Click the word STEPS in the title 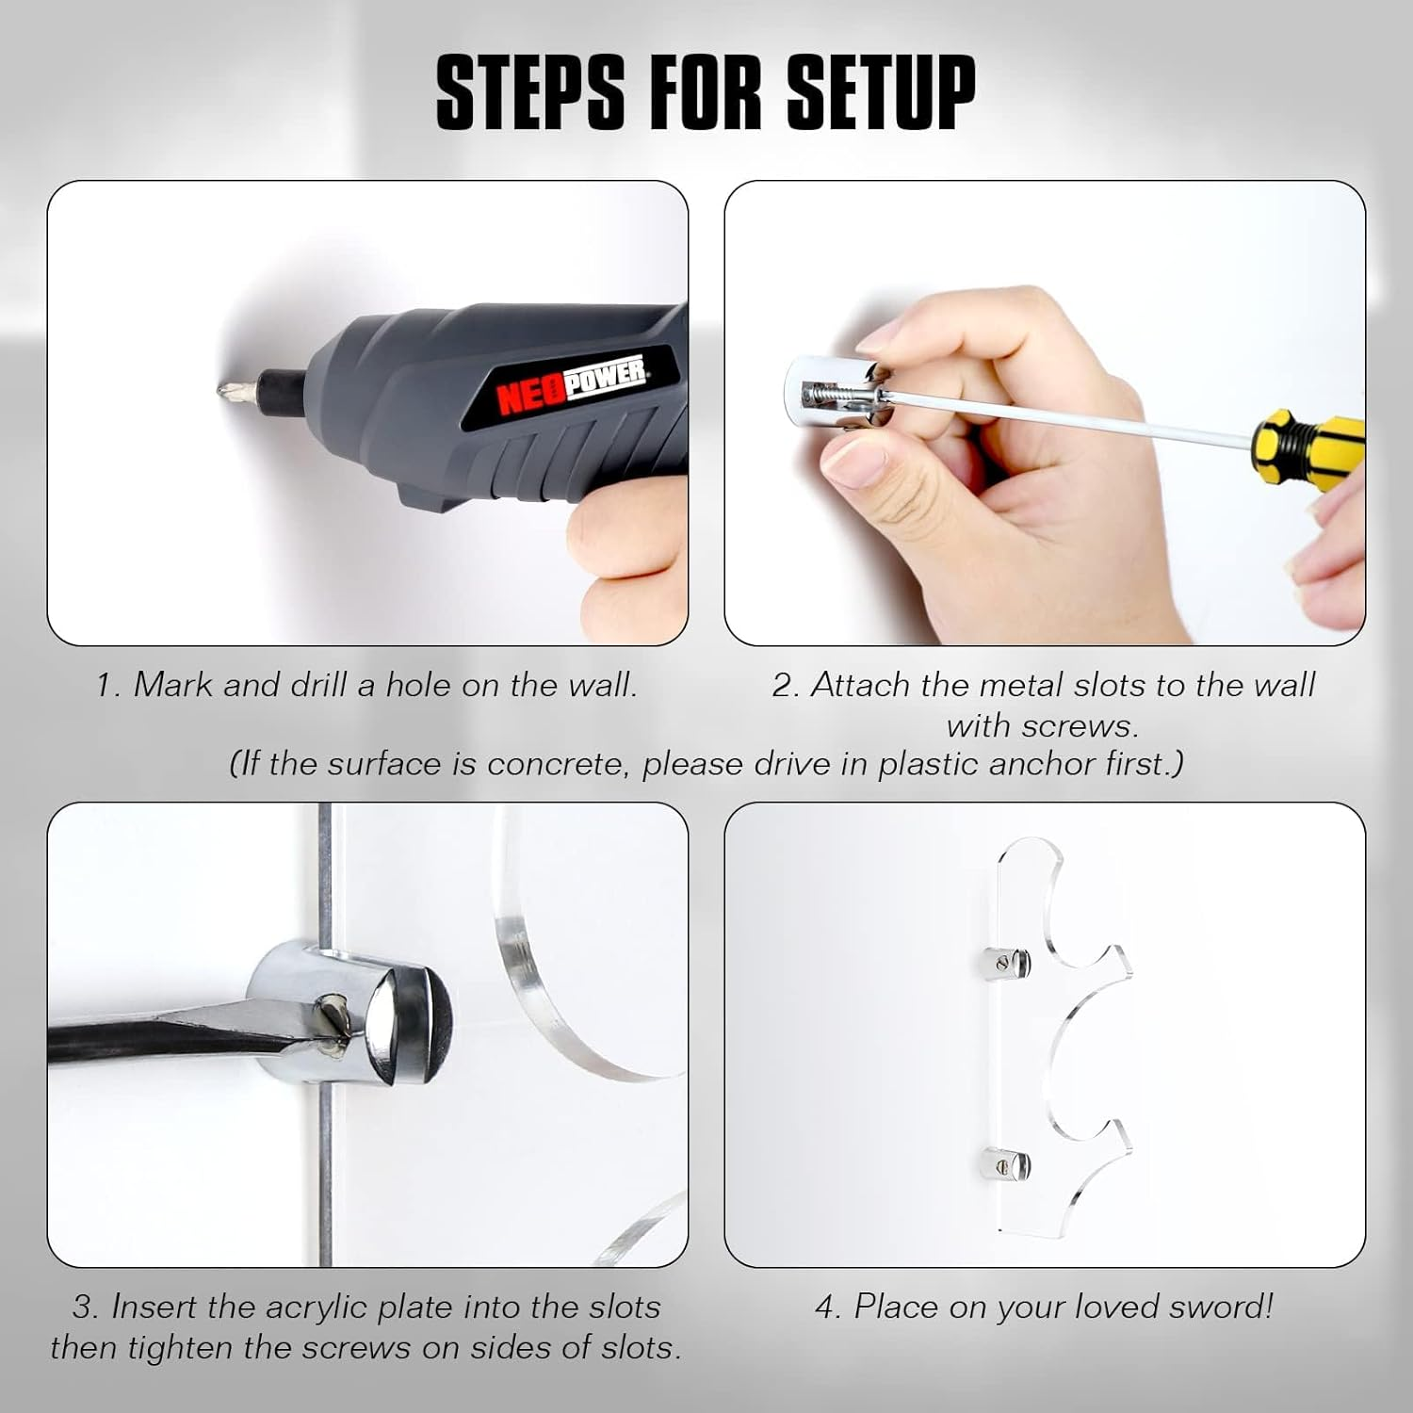(x=530, y=91)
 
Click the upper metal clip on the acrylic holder (x=999, y=963)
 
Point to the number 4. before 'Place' (x=829, y=1307)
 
